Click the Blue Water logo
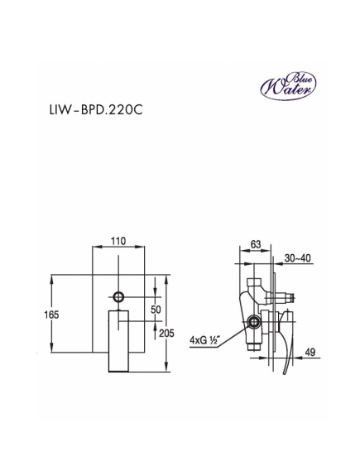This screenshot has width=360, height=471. pyautogui.click(x=288, y=85)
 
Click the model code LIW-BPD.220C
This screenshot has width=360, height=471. pyautogui.click(x=96, y=110)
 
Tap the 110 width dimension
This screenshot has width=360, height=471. pyautogui.click(x=118, y=241)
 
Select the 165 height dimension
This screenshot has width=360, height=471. pyautogui.click(x=51, y=315)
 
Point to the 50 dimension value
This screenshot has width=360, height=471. pyautogui.click(x=156, y=310)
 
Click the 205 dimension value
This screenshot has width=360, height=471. pyautogui.click(x=166, y=333)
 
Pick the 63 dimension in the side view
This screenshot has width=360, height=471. pyautogui.click(x=256, y=244)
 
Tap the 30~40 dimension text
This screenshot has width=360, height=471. pyautogui.click(x=298, y=258)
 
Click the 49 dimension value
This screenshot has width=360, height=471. pyautogui.click(x=310, y=352)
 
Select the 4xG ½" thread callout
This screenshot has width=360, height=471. pyautogui.click(x=205, y=340)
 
